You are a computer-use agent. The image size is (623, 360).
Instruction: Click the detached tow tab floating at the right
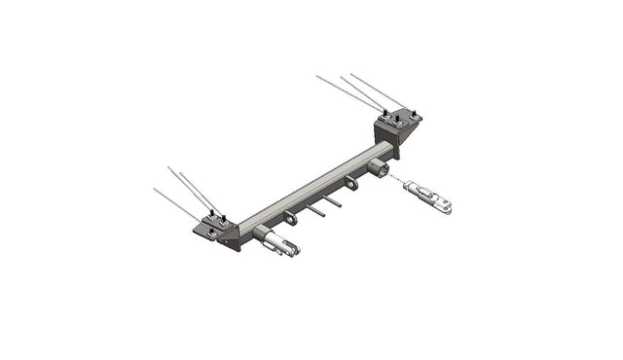[x=428, y=195]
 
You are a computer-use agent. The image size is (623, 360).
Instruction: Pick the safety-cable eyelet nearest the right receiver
[x=351, y=183]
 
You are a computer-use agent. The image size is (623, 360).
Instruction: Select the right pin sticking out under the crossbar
[x=333, y=202]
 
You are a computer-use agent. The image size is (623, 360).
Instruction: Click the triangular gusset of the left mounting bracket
[x=230, y=236]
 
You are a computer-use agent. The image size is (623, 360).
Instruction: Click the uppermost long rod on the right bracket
[x=375, y=88]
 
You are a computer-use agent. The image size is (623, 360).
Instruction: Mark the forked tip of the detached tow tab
[x=445, y=205]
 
